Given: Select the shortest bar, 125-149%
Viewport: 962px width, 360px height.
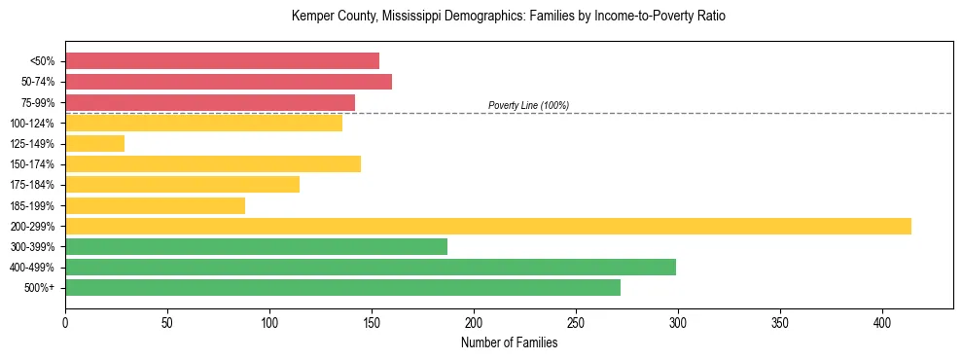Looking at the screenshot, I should [95, 143].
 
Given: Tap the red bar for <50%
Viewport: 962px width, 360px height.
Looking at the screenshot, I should [222, 60].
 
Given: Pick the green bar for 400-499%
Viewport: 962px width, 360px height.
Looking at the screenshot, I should [371, 267].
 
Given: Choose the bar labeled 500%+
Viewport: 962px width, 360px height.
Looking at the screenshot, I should [342, 287].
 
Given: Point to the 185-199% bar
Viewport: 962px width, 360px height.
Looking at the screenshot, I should [155, 205].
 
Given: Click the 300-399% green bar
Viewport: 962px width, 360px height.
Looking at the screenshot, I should [256, 246].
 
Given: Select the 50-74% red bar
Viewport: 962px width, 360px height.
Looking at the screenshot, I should [229, 82].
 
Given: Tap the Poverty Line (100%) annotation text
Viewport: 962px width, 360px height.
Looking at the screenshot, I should [528, 105].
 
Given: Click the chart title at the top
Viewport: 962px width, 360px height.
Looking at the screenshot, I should [509, 17].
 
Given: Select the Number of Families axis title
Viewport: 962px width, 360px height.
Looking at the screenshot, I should [509, 342].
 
